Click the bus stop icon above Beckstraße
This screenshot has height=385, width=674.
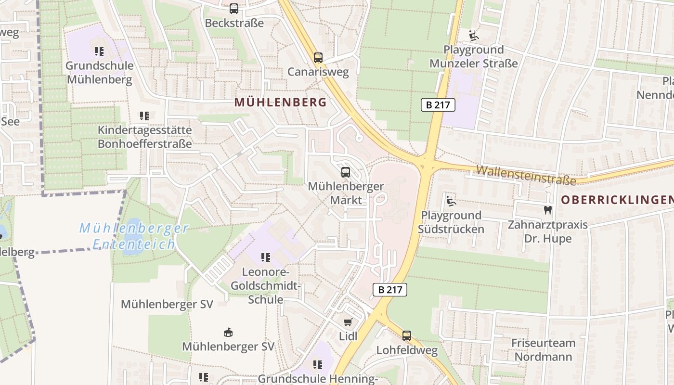(234, 8)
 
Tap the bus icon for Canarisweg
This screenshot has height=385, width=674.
(318, 58)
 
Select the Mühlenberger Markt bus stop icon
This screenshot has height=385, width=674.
(346, 172)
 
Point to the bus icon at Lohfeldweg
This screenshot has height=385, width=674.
(407, 336)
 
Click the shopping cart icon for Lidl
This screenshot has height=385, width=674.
(348, 322)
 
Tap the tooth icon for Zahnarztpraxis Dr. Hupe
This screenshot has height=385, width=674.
(547, 210)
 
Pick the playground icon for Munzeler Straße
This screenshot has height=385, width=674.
(474, 35)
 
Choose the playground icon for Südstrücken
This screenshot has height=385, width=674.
(451, 201)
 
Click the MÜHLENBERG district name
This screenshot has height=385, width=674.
(280, 102)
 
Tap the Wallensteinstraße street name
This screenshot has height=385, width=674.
(526, 175)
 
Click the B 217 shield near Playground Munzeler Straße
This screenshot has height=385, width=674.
(438, 104)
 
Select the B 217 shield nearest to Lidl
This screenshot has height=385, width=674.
(390, 289)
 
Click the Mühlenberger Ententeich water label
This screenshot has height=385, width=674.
(134, 236)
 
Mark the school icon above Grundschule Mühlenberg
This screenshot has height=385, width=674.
(99, 51)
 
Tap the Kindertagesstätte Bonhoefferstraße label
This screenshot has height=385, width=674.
(144, 137)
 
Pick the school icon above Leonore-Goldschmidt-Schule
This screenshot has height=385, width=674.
(265, 257)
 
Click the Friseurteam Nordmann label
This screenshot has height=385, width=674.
(544, 350)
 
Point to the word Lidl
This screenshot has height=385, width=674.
(348, 336)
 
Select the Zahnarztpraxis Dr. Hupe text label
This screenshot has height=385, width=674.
(548, 231)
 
